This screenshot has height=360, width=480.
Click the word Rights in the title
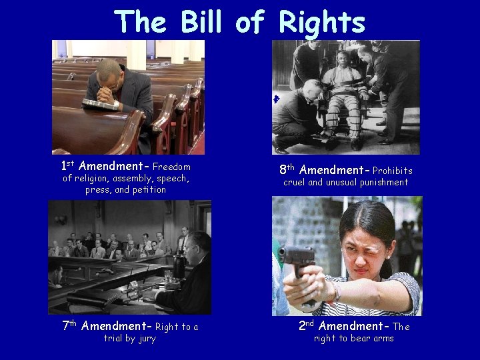[x=322, y=22]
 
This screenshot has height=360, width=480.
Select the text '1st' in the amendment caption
[x=67, y=166]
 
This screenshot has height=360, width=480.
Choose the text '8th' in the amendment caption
[x=287, y=170]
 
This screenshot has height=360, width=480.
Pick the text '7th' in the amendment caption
[x=69, y=326]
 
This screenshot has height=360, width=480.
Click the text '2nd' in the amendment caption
[x=307, y=325]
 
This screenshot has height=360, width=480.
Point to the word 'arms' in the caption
[x=382, y=338]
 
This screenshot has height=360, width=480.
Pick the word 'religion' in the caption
[x=93, y=179]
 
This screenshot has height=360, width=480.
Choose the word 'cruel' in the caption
[x=295, y=183]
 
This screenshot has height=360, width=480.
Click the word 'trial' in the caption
[x=116, y=338]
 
